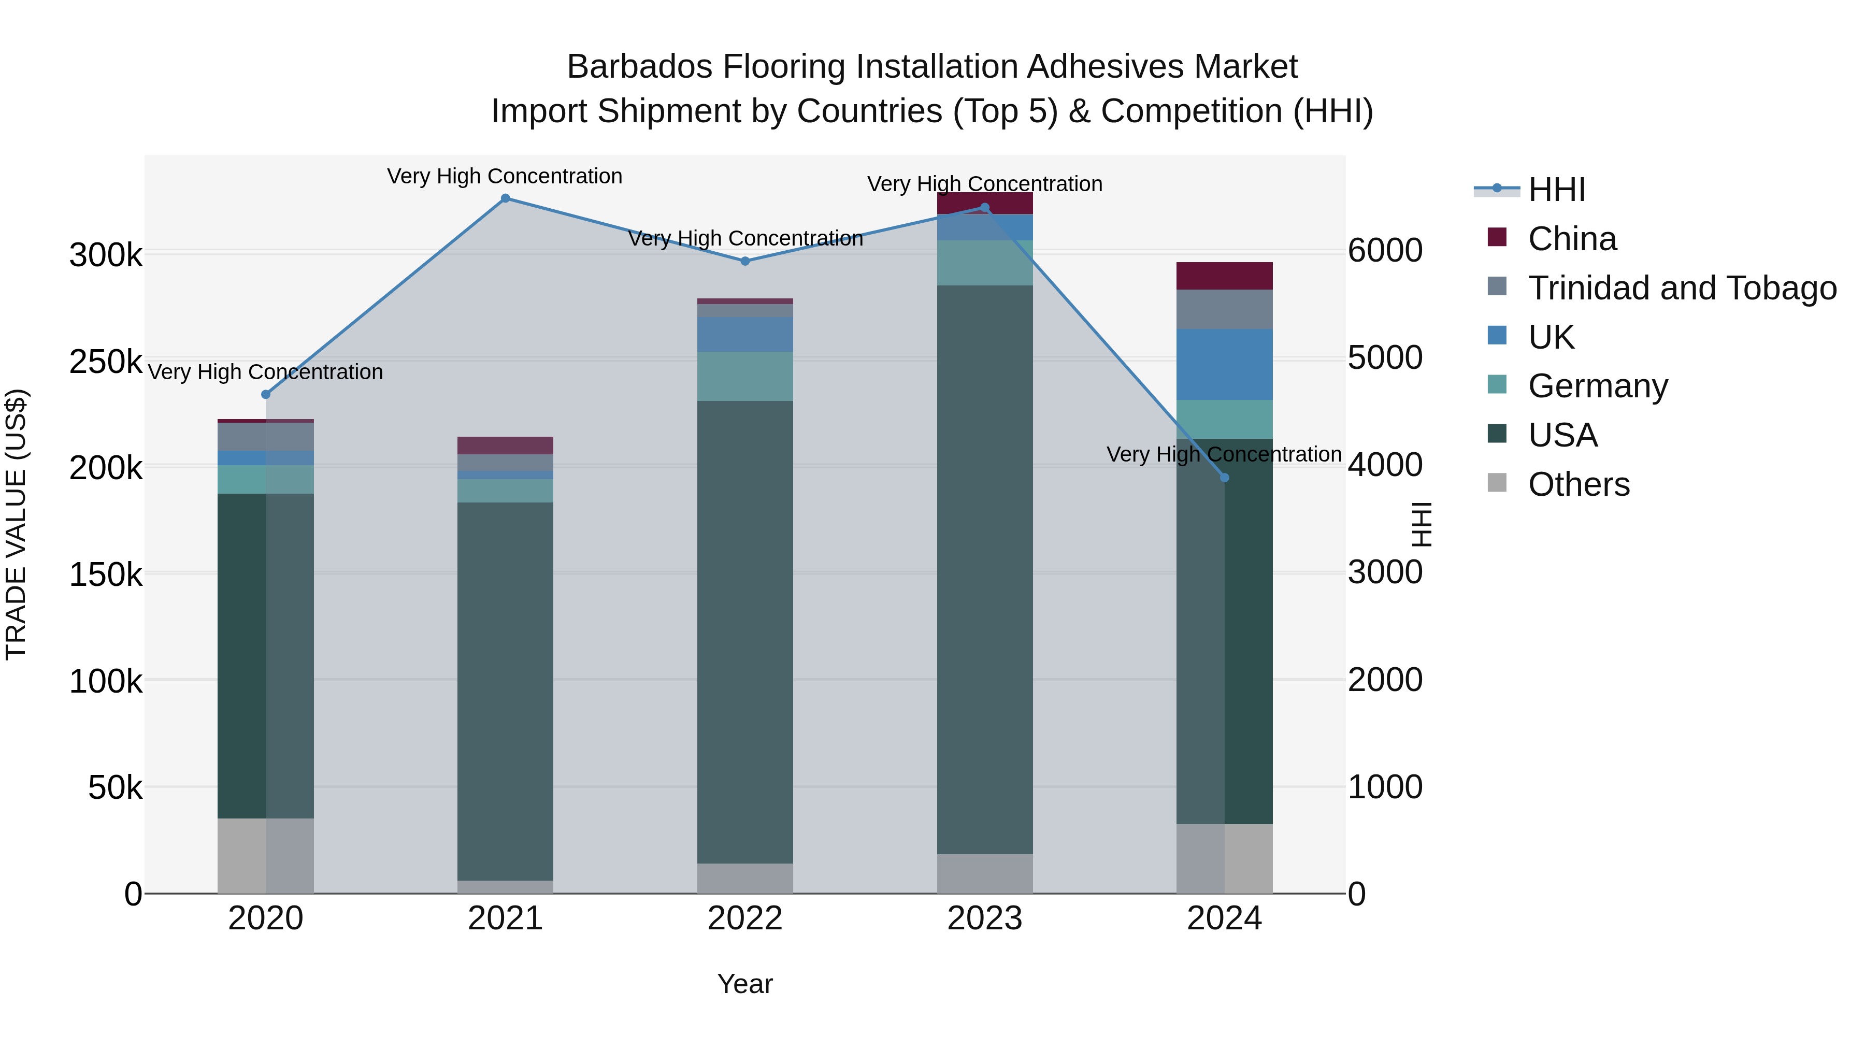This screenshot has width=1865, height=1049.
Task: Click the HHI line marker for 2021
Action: point(505,198)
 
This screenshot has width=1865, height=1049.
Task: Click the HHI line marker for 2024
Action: point(1224,478)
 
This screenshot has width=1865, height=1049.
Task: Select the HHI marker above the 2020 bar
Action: point(266,395)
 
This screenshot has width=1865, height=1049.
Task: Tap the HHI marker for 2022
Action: point(745,262)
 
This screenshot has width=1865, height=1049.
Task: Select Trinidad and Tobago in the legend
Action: point(1681,288)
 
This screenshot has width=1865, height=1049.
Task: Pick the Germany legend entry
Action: point(1597,386)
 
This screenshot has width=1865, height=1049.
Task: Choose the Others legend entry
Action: point(1579,484)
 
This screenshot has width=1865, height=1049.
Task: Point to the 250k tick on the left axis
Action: point(106,361)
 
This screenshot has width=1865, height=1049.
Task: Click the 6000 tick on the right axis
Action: point(1385,251)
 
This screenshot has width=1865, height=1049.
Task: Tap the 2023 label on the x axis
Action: point(985,918)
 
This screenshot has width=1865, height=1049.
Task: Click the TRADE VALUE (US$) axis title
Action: point(16,524)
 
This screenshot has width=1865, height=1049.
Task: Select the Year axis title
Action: point(745,984)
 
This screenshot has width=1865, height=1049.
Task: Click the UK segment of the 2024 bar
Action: point(1224,364)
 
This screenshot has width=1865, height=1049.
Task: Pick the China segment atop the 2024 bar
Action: point(1224,276)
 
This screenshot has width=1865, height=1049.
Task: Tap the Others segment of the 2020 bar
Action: point(266,856)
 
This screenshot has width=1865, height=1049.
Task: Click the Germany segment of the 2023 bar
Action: point(985,263)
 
